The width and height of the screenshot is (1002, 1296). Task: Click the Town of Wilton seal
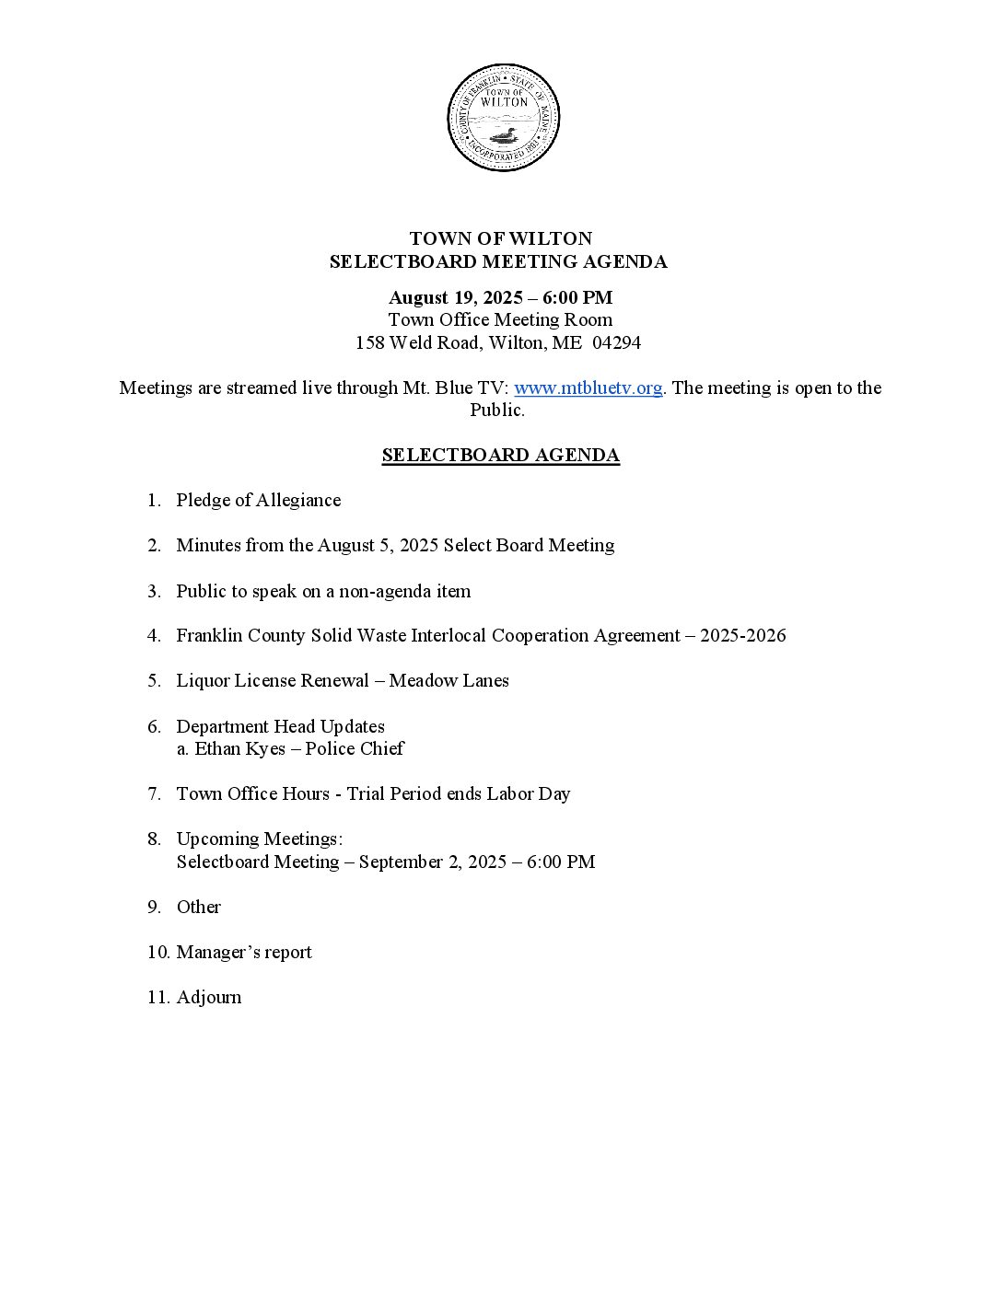(x=503, y=118)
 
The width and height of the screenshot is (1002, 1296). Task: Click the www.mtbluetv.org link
(x=588, y=388)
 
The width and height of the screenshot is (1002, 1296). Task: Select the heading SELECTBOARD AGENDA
(x=500, y=455)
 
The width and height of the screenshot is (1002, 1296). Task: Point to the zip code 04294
(x=617, y=342)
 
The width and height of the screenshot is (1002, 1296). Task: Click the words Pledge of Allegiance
(x=259, y=500)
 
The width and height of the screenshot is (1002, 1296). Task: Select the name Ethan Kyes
(x=240, y=748)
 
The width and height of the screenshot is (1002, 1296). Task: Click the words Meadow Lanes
(x=449, y=680)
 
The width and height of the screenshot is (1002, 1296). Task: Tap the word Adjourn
(x=209, y=997)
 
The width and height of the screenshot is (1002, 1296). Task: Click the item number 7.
(x=154, y=793)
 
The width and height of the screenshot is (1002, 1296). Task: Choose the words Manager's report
(x=244, y=952)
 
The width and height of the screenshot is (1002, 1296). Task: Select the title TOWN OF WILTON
(x=500, y=238)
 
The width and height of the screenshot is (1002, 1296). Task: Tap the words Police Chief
(x=355, y=748)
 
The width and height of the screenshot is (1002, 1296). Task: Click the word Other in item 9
(x=199, y=907)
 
